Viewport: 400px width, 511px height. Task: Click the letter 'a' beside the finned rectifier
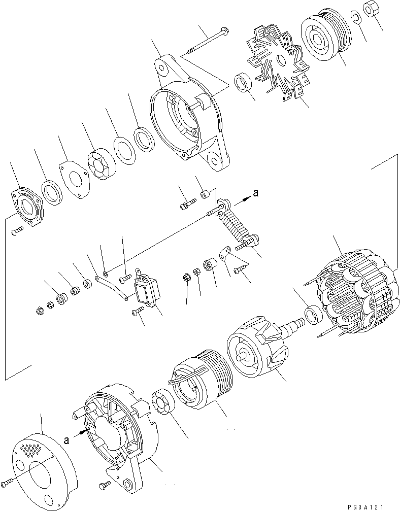[256, 193]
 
